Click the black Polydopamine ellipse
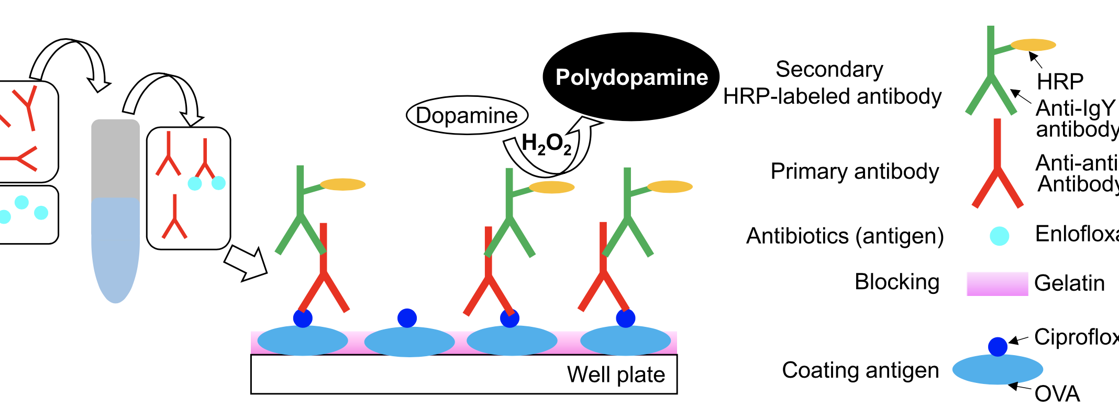(631, 77)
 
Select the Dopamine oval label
(467, 115)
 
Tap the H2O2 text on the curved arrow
(546, 144)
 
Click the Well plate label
(616, 375)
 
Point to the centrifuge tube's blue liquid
(115, 246)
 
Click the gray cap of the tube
(115, 157)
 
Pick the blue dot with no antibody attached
(407, 317)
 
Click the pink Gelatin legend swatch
(997, 284)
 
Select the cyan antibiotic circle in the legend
(999, 236)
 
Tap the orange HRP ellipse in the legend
(1033, 45)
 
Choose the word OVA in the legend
(1057, 394)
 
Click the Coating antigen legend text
(860, 370)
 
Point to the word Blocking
(897, 282)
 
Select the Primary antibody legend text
(855, 171)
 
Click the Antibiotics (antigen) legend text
(845, 236)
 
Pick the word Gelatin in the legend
(1069, 283)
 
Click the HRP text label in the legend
(1060, 82)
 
